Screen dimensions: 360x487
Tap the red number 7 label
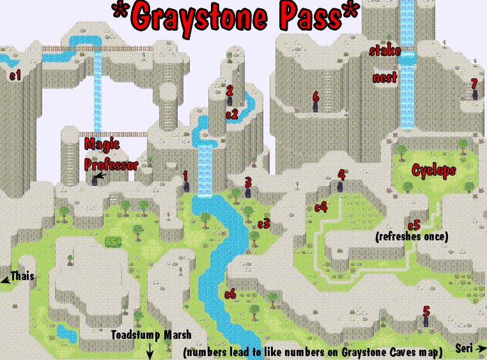point(474,84)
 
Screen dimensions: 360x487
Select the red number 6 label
point(316,96)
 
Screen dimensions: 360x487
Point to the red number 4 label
point(341,174)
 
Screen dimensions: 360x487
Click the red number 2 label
point(229,90)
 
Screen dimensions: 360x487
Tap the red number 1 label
point(185,174)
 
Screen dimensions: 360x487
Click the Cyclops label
point(434,171)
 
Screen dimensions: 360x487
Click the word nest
point(385,78)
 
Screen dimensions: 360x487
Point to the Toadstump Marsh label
point(151,334)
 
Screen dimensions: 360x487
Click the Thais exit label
point(22,277)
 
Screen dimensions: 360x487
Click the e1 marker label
point(15,75)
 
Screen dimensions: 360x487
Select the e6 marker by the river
point(231,294)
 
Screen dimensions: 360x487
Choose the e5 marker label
point(414,225)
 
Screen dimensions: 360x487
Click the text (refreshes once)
point(412,237)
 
